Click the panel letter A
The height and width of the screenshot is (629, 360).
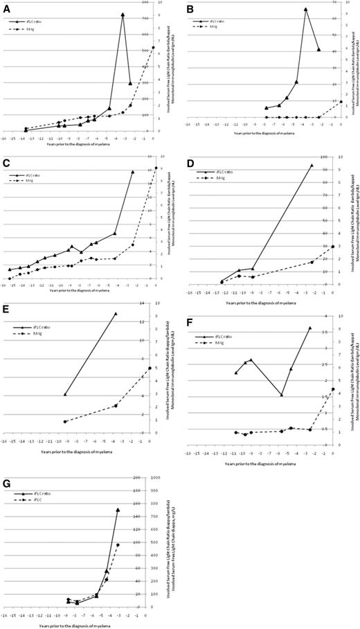coord(6,6)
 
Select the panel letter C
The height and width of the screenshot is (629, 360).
coord(6,163)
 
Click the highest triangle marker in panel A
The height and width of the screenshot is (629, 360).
coord(123,15)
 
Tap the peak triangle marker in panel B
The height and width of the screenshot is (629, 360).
coord(305,9)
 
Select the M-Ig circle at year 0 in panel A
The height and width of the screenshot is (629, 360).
coord(153,48)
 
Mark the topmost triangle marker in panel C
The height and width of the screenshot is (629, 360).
coord(132,172)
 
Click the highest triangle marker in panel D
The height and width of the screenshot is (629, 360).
coord(312,166)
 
